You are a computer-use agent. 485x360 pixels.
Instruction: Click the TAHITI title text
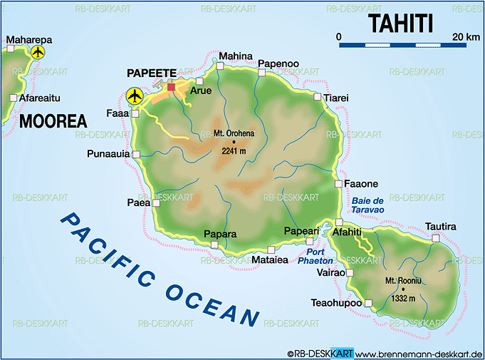[x=401, y=23]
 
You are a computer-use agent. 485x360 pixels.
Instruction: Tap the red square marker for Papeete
[x=171, y=87]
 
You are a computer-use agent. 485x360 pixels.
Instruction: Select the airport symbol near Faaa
[x=134, y=96]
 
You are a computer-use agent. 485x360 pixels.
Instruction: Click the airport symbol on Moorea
[x=38, y=52]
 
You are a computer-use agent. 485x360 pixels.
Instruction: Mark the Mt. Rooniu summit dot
[x=402, y=288]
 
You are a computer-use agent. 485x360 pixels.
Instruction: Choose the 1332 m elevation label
[x=402, y=297]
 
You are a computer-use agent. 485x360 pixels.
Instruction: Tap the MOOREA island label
[x=53, y=120]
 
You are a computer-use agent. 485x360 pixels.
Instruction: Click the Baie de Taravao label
[x=367, y=205]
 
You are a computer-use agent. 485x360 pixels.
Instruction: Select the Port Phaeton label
[x=320, y=256]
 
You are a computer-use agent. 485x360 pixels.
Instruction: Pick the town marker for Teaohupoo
[x=368, y=304]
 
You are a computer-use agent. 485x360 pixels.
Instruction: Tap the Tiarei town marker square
[x=317, y=96]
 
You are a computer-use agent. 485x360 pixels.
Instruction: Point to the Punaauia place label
[x=108, y=153]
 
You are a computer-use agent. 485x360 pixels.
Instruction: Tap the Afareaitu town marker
[x=13, y=98]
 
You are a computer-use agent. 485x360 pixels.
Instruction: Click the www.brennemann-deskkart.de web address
[x=419, y=354]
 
